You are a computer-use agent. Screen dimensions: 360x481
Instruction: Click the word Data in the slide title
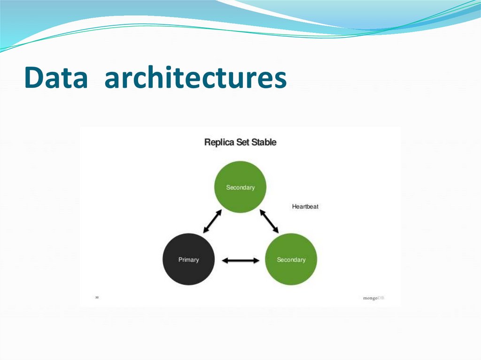56,78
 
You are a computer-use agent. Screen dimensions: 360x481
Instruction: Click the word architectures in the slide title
195,78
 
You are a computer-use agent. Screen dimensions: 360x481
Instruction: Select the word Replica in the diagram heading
219,142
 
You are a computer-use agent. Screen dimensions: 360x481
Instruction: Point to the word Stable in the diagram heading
264,142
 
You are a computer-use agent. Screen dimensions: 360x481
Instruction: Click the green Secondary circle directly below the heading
240,187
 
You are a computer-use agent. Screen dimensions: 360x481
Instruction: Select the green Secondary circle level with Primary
291,260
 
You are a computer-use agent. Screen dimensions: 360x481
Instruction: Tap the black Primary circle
188,260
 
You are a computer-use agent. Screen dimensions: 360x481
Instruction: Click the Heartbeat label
305,207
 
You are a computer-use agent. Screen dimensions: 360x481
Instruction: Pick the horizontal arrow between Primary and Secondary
240,260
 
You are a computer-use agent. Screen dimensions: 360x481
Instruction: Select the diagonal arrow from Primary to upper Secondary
212,221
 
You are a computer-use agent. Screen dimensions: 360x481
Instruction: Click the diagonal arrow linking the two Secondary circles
269,221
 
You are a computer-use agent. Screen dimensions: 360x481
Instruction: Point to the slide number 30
97,297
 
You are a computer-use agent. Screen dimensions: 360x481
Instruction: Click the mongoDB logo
373,298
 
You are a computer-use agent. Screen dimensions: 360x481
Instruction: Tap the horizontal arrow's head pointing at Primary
225,260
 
